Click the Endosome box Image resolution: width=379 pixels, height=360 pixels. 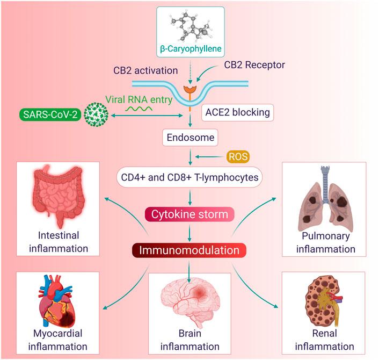click(x=189, y=138)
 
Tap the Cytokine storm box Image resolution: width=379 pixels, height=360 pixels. click(x=189, y=214)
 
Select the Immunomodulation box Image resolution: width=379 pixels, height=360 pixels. click(x=189, y=250)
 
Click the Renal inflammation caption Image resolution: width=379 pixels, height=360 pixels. click(x=320, y=340)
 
